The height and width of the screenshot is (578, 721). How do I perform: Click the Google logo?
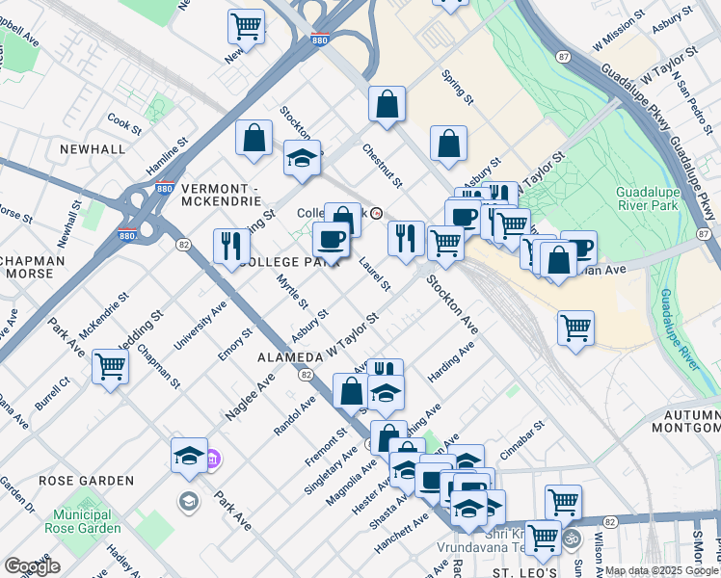click(32, 566)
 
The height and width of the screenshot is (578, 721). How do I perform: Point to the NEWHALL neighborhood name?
click(92, 149)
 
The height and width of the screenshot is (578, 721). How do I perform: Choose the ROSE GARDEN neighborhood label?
click(86, 480)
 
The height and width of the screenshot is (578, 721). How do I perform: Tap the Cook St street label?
click(125, 122)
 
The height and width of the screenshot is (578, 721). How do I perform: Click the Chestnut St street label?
click(383, 166)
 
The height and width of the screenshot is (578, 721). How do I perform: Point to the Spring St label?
click(457, 87)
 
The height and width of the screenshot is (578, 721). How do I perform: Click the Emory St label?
click(236, 345)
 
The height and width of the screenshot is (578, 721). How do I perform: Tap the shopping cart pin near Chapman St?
click(111, 366)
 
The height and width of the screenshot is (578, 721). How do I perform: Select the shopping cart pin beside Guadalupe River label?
click(575, 328)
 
